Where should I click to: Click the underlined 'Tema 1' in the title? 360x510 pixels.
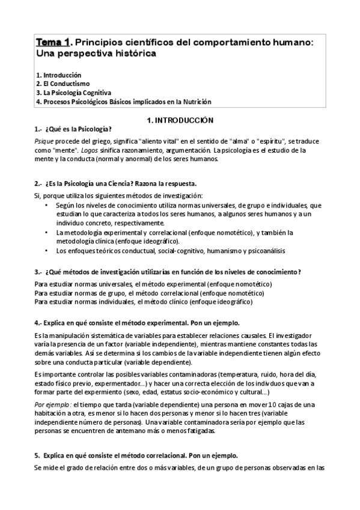click(54, 41)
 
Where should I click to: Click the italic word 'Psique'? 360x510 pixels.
click(44, 141)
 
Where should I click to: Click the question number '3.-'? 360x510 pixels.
click(38, 271)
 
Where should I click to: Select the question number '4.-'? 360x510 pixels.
click(38, 322)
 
